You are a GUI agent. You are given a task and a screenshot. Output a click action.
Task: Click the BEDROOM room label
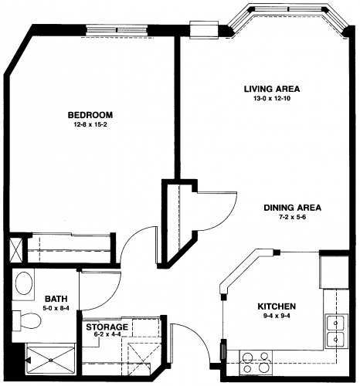click(x=90, y=115)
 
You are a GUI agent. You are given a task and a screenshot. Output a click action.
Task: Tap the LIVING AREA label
click(x=272, y=89)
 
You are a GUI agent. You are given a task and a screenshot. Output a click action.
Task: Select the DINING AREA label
click(x=293, y=208)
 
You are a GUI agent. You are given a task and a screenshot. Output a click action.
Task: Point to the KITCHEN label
click(x=277, y=306)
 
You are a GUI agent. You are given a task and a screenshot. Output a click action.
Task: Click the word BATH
click(x=56, y=299)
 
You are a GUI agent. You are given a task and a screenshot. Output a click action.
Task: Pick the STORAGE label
click(x=107, y=327)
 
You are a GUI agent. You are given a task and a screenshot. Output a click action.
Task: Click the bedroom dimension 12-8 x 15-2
click(x=90, y=125)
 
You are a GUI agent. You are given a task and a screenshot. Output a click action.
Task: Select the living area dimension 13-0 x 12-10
click(x=272, y=99)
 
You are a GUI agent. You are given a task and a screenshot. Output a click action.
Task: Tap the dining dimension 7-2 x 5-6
click(x=293, y=217)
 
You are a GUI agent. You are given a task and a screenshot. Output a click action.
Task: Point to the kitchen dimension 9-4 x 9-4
click(x=277, y=316)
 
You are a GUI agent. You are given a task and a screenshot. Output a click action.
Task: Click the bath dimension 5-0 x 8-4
click(x=56, y=308)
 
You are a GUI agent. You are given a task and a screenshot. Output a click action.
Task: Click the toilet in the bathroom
click(x=27, y=320)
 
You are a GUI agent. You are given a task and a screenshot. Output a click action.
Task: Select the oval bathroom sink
click(x=24, y=284)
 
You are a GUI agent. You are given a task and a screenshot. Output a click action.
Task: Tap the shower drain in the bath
click(x=51, y=361)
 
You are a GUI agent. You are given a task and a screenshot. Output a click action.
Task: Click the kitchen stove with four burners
click(x=256, y=363)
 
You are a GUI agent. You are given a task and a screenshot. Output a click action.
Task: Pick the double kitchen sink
click(x=336, y=331)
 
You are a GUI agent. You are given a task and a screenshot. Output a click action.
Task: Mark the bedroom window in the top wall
click(x=117, y=30)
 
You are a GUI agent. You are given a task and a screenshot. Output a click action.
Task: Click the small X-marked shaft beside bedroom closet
click(x=15, y=249)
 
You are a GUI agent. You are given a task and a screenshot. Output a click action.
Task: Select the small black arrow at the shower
click(x=29, y=360)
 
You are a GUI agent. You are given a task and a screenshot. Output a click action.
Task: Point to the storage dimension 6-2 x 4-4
click(x=107, y=334)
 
